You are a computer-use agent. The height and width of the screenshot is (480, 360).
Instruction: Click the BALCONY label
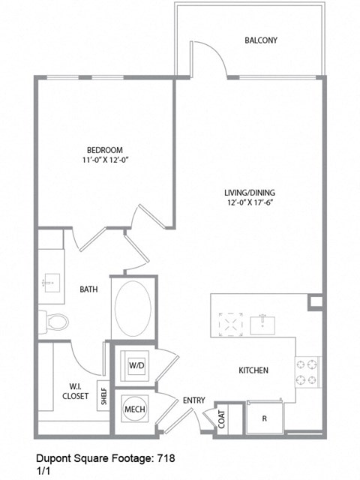[261, 40]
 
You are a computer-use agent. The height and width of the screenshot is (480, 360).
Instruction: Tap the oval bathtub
[133, 309]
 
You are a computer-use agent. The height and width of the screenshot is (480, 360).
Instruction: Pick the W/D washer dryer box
[136, 365]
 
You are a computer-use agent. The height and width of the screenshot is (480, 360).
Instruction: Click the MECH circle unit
[134, 409]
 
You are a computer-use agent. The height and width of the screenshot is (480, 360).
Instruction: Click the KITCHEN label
[253, 370]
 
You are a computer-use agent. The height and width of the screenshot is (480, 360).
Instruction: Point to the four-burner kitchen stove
[308, 373]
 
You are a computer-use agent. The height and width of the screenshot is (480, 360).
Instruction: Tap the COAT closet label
[223, 418]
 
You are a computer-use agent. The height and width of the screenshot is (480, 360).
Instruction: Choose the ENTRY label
[193, 400]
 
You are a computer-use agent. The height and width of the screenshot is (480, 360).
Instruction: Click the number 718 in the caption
[166, 457]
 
